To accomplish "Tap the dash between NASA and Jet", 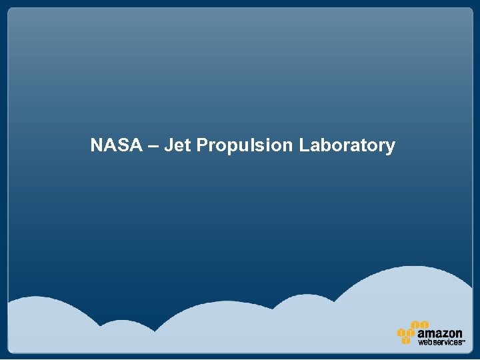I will (153, 146).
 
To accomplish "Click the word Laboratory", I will (347, 146).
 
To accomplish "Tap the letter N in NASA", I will (97, 145).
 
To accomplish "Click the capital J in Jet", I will (168, 145).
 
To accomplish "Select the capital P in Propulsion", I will (202, 145).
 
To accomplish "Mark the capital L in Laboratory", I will (303, 145).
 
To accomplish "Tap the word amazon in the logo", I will (440, 333).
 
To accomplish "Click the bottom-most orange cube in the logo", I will (405, 341).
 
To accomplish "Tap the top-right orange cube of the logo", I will (424, 325).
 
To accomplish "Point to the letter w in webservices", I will (421, 342).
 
